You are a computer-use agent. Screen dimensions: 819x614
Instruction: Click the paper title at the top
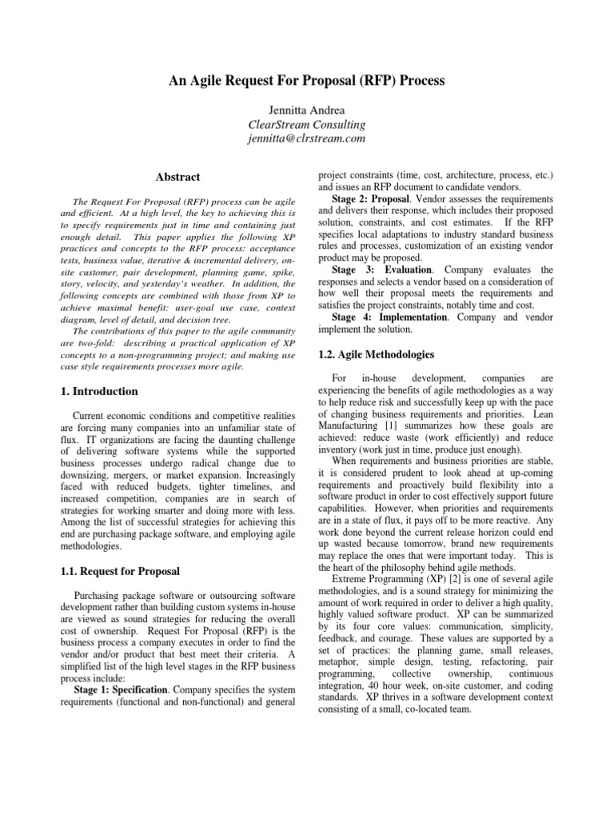tap(307, 81)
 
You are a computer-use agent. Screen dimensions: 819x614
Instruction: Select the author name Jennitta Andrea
tap(307, 110)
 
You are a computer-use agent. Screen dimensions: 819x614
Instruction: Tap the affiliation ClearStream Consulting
tap(307, 124)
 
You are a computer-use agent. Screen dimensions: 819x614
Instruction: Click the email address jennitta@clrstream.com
tap(307, 138)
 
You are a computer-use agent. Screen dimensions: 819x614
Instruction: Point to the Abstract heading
tap(177, 177)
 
